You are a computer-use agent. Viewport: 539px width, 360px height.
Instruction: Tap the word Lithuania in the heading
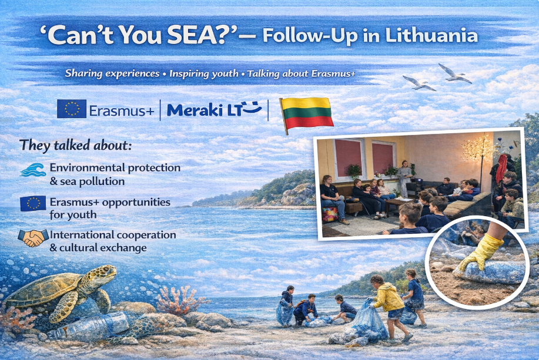coord(431,35)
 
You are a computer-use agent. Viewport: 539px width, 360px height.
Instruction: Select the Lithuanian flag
coord(306,113)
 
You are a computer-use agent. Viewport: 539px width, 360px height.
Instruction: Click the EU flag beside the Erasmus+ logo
coord(72,109)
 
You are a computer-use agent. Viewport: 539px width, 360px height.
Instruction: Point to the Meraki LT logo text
coord(214,109)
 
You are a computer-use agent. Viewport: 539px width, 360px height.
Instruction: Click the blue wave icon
coord(33,170)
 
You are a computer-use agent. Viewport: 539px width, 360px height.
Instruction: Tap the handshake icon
coord(33,238)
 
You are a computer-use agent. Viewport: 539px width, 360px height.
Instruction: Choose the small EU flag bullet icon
coord(33,203)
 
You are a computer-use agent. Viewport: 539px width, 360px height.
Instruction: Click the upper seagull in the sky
coord(454,73)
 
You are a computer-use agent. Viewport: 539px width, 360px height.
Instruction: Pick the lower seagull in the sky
coord(419,83)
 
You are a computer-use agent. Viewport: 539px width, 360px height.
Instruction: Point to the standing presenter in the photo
coord(404,179)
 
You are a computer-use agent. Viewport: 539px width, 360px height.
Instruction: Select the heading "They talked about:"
coord(76,146)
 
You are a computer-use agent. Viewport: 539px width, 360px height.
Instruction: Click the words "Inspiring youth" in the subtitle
coord(203,73)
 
